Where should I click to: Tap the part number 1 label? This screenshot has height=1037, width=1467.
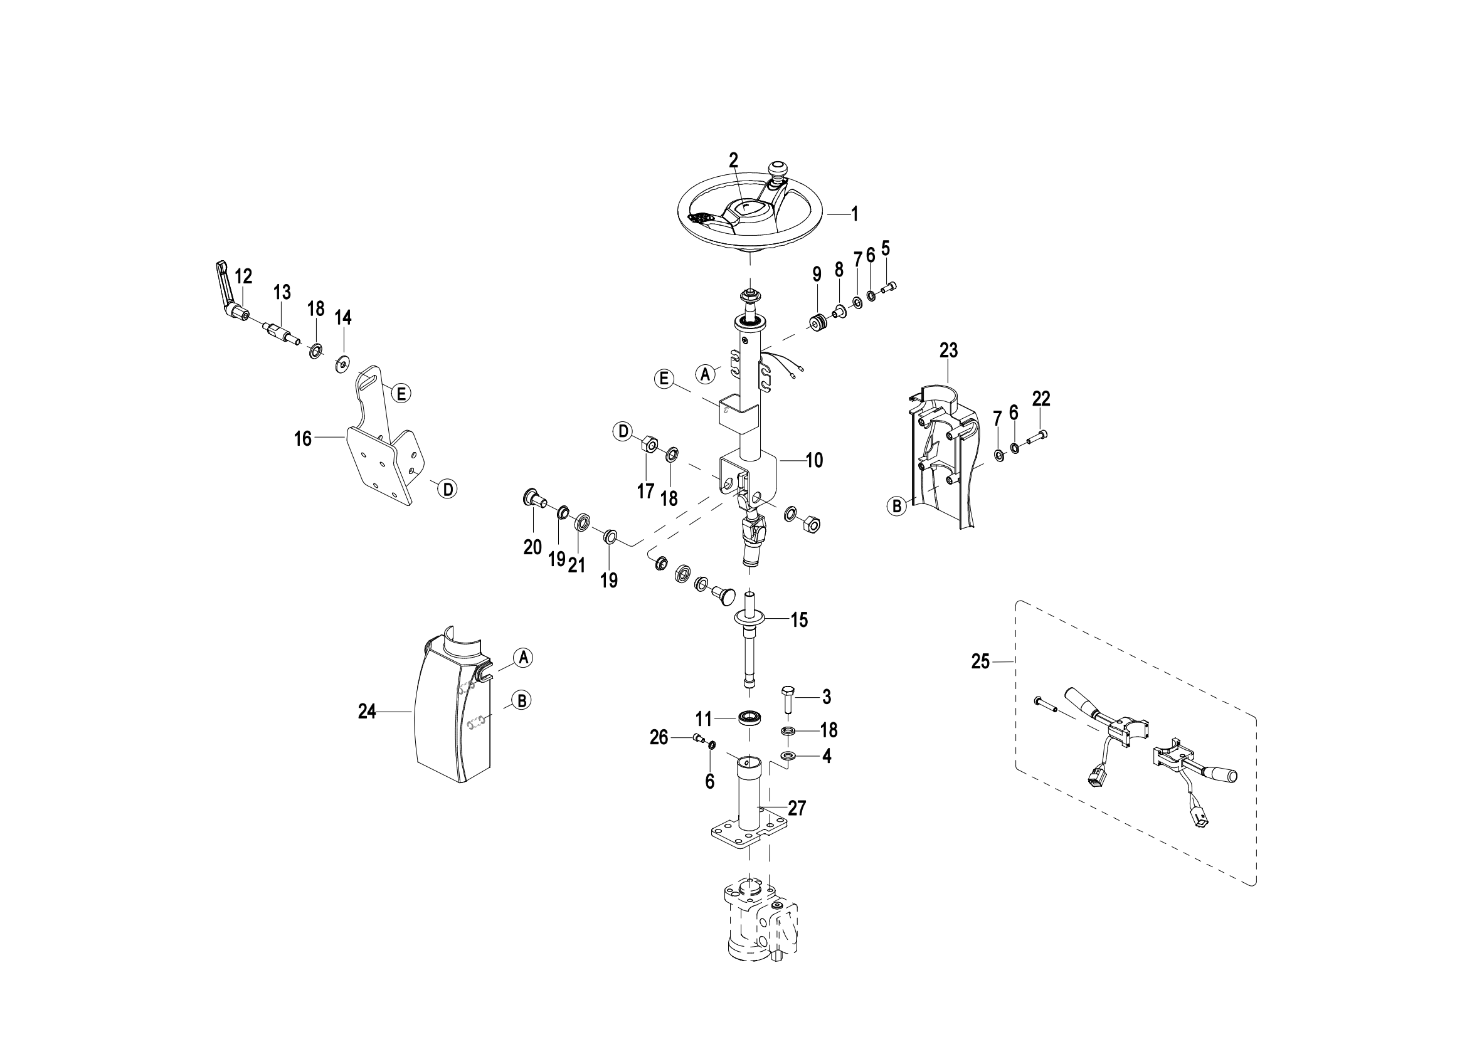coord(854,214)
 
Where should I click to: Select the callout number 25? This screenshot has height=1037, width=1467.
coord(980,662)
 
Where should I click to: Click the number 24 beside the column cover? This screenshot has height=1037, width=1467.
coord(367,712)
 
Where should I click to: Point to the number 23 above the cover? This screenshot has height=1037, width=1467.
coord(949,350)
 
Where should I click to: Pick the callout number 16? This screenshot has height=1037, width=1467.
coord(302,439)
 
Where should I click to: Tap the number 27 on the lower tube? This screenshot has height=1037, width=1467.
coord(797,808)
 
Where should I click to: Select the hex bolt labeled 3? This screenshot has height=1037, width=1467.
coord(787,700)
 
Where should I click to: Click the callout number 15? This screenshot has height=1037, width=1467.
coord(799,619)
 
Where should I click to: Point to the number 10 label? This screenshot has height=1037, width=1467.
coord(814,460)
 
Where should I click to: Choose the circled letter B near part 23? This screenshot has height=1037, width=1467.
coord(896,507)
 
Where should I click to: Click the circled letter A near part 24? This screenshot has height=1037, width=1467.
coord(523,657)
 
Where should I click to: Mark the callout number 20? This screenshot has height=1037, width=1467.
coord(532,547)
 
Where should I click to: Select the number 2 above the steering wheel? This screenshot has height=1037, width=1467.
coord(734,161)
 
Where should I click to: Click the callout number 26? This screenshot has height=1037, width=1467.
coord(659,737)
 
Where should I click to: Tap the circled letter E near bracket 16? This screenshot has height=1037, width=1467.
coord(401,393)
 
